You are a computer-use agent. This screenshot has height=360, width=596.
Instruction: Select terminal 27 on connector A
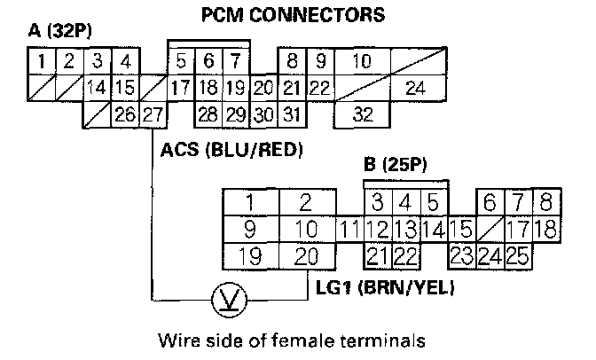[x=153, y=114]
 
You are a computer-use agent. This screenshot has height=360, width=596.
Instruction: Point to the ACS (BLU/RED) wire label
[x=232, y=151]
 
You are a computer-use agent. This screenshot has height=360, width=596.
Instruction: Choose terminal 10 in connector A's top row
[x=361, y=62]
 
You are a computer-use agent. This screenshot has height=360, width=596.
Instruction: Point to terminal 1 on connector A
[x=41, y=62]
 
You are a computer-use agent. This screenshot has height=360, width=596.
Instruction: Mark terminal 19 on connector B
[x=250, y=257]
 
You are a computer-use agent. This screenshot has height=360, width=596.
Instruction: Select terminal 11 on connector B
[x=350, y=231]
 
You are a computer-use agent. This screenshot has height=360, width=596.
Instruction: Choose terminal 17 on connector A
[x=180, y=89]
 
